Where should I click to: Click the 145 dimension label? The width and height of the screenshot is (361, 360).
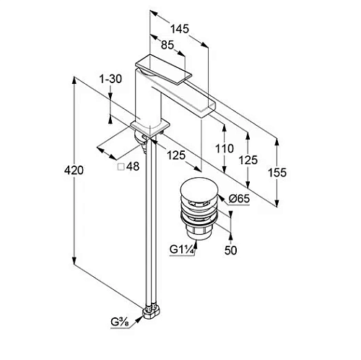click(180, 29)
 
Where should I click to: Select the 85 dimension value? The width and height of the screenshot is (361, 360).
click(168, 45)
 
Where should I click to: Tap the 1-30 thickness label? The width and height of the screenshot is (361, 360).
click(111, 79)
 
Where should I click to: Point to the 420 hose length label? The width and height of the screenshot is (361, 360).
click(74, 170)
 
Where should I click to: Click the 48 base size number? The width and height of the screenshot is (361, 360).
click(133, 166)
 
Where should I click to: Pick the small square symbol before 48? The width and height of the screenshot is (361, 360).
click(121, 167)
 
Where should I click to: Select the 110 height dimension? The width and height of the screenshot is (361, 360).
click(225, 148)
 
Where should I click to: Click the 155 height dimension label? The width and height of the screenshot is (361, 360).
click(277, 173)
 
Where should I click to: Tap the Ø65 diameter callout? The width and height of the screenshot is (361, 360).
click(239, 199)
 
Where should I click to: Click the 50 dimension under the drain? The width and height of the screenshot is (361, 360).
click(230, 250)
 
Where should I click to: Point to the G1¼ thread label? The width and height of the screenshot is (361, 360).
click(182, 249)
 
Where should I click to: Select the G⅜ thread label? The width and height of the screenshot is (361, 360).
click(120, 322)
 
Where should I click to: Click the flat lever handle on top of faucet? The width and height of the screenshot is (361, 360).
click(164, 69)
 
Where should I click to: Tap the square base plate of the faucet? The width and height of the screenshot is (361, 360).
click(150, 128)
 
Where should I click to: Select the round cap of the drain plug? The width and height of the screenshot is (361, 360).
click(200, 189)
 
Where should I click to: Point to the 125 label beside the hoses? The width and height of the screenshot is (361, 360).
click(176, 155)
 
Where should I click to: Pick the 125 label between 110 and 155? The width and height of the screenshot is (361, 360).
click(248, 160)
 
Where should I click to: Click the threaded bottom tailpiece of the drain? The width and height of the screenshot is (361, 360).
click(197, 233)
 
